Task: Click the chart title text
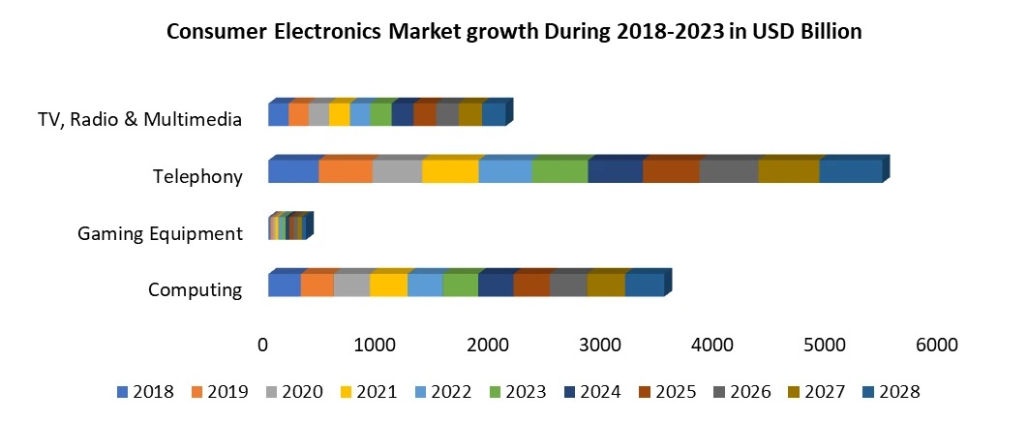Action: [x=514, y=32]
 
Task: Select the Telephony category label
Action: [x=197, y=175]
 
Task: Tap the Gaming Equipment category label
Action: [x=160, y=233]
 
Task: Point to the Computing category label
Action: [x=195, y=289]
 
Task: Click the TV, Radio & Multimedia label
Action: [x=139, y=119]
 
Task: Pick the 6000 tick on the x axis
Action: [x=936, y=345]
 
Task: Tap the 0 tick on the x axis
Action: [x=262, y=345]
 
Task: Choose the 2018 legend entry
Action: [x=145, y=392]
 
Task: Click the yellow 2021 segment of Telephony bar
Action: [x=450, y=172]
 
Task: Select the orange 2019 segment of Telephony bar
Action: [x=346, y=172]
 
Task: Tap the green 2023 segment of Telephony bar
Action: [x=559, y=172]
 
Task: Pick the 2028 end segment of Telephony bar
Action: [x=850, y=172]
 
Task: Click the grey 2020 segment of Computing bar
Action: [x=351, y=286]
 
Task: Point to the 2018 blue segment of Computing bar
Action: [x=285, y=286]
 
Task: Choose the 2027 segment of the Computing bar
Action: [x=606, y=286]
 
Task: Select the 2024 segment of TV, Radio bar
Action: [x=403, y=115]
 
